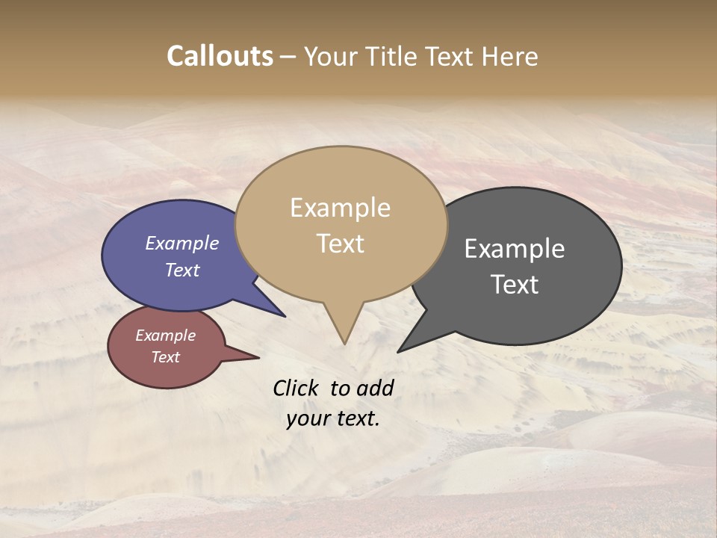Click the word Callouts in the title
coord(220,56)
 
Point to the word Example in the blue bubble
coord(181,243)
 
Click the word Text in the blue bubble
coord(181,270)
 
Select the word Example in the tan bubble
coord(340,208)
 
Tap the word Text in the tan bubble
coord(340,243)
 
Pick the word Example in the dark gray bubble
coord(514,249)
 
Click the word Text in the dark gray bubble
coord(514,284)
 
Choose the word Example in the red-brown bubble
coord(165,336)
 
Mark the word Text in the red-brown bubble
coord(165,357)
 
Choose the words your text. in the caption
coord(333,418)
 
